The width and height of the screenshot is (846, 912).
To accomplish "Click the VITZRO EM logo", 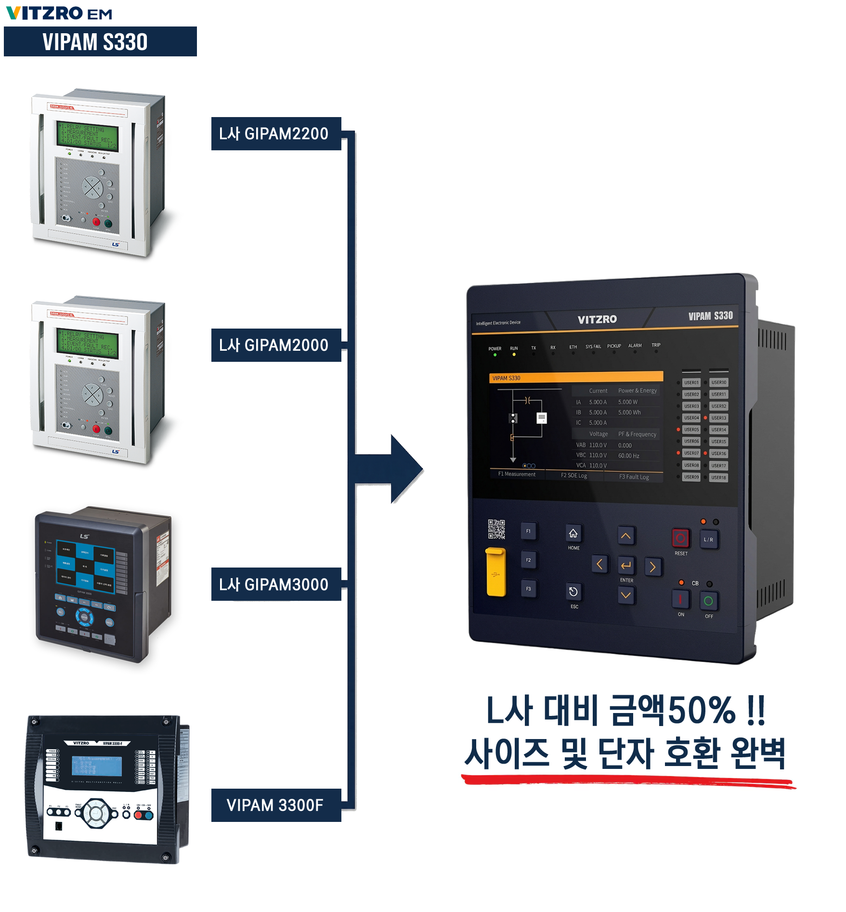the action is point(59,13).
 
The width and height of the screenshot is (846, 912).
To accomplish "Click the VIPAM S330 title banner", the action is point(100,42).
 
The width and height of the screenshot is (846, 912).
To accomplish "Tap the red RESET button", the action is point(680,538).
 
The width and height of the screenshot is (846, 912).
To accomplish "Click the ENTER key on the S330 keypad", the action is point(626,566).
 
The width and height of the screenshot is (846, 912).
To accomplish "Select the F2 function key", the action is point(528,560).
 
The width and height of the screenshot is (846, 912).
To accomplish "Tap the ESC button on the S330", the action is point(573,592).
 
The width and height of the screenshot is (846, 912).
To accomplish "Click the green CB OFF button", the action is point(708,601).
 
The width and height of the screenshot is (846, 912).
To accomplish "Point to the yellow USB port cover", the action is point(495,572).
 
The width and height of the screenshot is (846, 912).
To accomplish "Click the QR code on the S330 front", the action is point(496,529).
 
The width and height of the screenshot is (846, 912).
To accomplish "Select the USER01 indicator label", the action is point(691,383).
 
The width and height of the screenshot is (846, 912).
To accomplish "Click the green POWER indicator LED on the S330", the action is point(495,355).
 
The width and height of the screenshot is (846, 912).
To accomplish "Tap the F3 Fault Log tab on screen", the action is point(634,477).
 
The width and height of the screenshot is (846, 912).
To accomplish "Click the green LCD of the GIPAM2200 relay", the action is point(87,134).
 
